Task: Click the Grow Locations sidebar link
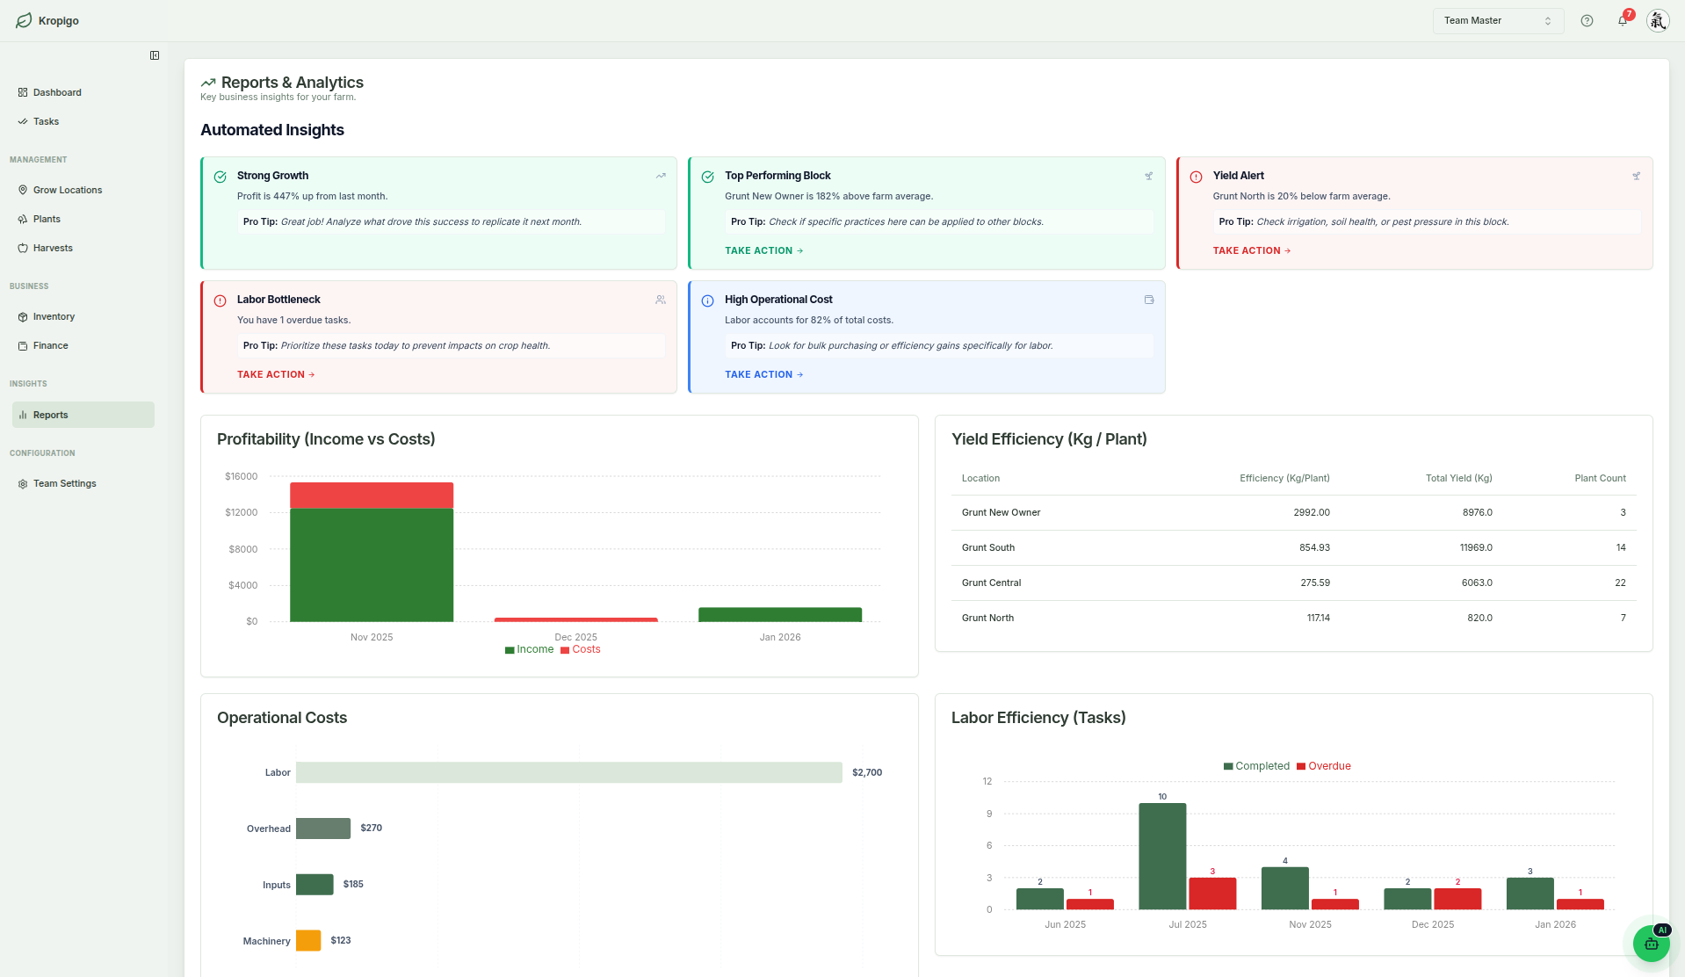click(x=68, y=190)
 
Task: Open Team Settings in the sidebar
click(x=64, y=483)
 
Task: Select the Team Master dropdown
click(x=1497, y=20)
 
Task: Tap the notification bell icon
click(x=1622, y=20)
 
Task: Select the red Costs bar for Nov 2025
click(x=372, y=495)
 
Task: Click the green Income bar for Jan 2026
click(x=779, y=614)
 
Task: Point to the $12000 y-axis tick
click(x=242, y=512)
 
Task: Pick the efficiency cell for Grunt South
click(x=1313, y=547)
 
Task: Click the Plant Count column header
click(x=1599, y=478)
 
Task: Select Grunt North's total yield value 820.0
click(x=1479, y=618)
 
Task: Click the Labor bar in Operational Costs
click(x=568, y=772)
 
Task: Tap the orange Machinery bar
click(x=308, y=940)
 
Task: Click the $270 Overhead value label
click(x=371, y=828)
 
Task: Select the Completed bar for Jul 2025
click(x=1161, y=856)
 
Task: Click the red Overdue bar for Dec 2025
click(x=1457, y=899)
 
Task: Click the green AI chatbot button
click(x=1651, y=944)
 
